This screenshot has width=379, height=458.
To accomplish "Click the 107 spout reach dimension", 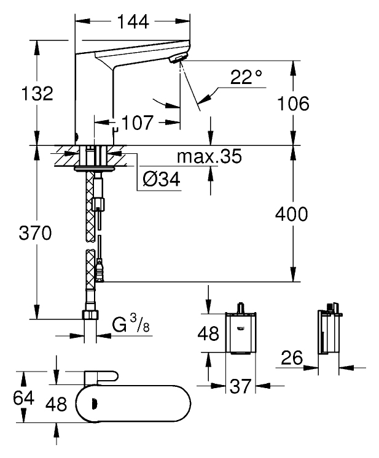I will click(136, 123).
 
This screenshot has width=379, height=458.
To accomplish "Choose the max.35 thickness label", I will click(209, 158).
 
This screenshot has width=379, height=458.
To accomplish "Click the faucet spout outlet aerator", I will click(178, 58).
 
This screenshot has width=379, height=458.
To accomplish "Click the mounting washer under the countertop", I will click(96, 166).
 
